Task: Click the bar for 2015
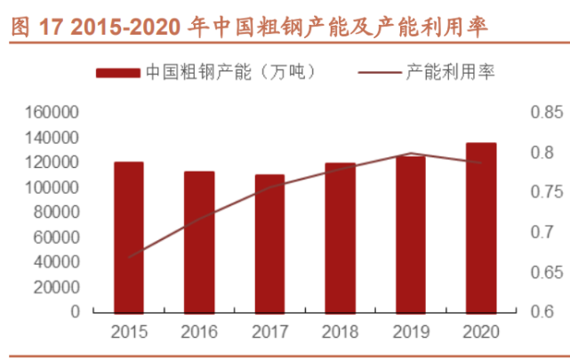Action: click(x=129, y=238)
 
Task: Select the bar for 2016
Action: click(x=200, y=243)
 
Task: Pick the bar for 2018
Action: click(x=341, y=238)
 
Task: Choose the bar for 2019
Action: click(x=411, y=235)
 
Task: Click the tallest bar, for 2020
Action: click(x=481, y=228)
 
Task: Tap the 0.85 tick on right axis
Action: click(x=546, y=113)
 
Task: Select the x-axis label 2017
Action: click(x=270, y=333)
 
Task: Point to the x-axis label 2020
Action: click(x=481, y=333)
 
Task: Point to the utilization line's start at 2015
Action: click(x=129, y=257)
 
